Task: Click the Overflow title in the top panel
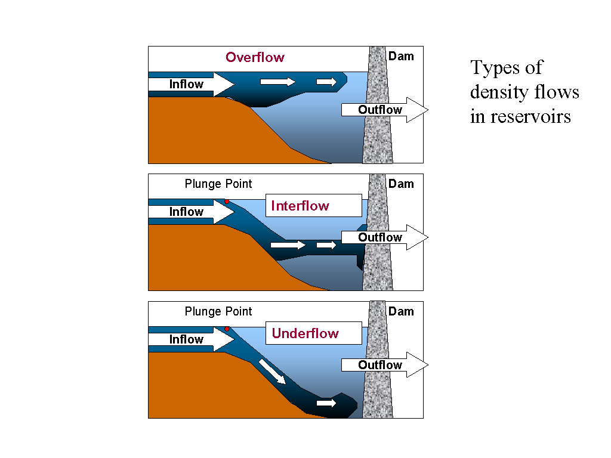click(255, 57)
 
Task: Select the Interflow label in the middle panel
click(300, 206)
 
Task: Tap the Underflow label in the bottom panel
click(305, 333)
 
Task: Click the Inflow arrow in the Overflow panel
click(191, 84)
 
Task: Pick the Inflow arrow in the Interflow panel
click(191, 212)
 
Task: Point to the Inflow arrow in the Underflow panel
click(191, 339)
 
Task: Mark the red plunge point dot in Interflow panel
click(227, 202)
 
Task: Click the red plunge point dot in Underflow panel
click(227, 329)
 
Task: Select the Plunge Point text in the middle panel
click(218, 184)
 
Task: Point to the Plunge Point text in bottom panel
click(218, 311)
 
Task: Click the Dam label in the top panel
click(401, 56)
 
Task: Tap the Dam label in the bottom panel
click(401, 311)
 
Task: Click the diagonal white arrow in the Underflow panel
click(271, 372)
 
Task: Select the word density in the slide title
click(498, 92)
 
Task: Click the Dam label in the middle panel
click(401, 184)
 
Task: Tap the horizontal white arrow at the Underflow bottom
click(326, 404)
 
